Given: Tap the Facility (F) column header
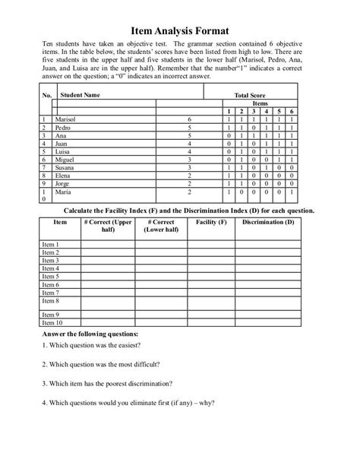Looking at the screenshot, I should pos(210,221).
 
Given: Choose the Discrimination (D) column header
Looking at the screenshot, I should pos(268,221).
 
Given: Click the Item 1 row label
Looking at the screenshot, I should pos(50,244).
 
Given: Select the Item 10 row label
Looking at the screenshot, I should pos(52,322).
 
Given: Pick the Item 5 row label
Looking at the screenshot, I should pos(50,276).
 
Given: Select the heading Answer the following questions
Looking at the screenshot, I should pos(90,334).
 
